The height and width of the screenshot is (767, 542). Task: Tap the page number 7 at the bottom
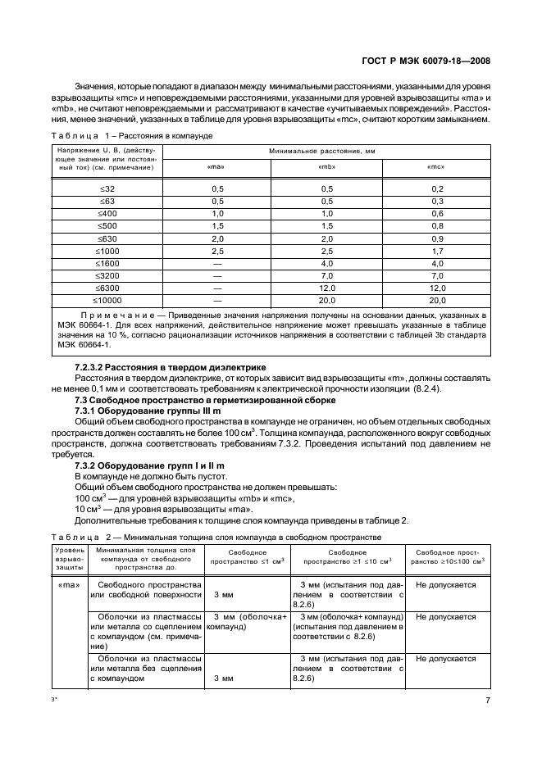click(x=487, y=701)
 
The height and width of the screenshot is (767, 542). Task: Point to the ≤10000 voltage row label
click(x=107, y=301)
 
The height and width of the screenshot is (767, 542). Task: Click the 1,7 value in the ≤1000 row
click(x=436, y=251)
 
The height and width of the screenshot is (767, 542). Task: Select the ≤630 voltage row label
click(x=107, y=238)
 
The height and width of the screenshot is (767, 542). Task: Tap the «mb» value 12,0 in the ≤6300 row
click(x=326, y=288)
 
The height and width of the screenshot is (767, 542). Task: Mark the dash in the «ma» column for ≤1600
click(x=217, y=263)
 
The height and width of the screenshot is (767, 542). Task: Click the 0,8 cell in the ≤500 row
click(x=436, y=225)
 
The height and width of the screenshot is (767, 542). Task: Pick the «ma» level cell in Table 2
click(x=68, y=586)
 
